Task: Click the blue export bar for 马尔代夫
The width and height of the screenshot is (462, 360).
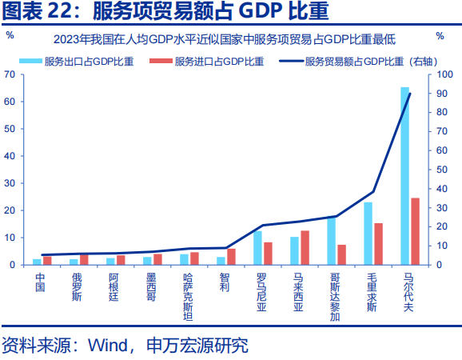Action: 404,176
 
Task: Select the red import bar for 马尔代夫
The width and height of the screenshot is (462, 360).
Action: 415,231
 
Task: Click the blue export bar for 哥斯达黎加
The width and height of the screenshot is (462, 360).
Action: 331,240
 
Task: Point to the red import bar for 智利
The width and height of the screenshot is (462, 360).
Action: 231,257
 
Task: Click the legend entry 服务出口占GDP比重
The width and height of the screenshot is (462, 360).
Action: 83,61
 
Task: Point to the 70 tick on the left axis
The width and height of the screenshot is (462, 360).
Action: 10,74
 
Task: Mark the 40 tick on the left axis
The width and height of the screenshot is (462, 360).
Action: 10,156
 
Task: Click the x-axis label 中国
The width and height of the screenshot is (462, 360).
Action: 40,282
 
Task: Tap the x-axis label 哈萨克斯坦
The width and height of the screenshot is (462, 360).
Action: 187,295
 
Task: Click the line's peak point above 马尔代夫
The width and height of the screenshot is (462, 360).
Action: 409,94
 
